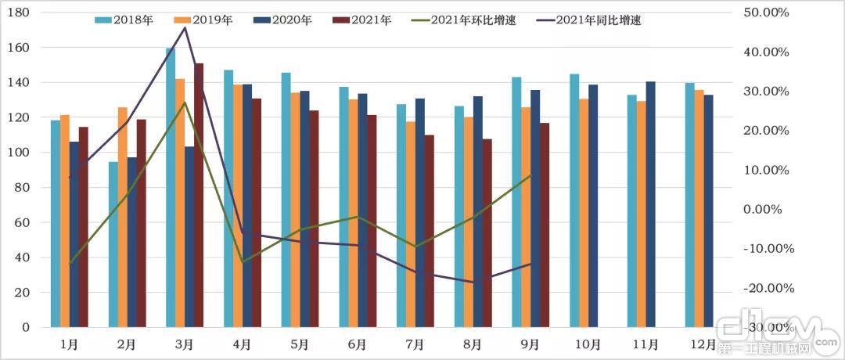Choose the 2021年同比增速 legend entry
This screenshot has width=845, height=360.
click(x=597, y=20)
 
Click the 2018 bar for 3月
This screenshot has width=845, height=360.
click(x=171, y=188)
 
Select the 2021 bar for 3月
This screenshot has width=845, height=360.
click(x=199, y=195)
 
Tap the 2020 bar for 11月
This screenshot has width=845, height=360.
click(x=650, y=204)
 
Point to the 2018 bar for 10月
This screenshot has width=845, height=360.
click(x=574, y=200)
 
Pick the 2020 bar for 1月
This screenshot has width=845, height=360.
click(x=74, y=234)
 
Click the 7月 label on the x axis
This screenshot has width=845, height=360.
click(x=415, y=344)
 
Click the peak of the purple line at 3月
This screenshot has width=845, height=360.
click(x=185, y=27)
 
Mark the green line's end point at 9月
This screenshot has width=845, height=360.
click(x=531, y=175)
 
